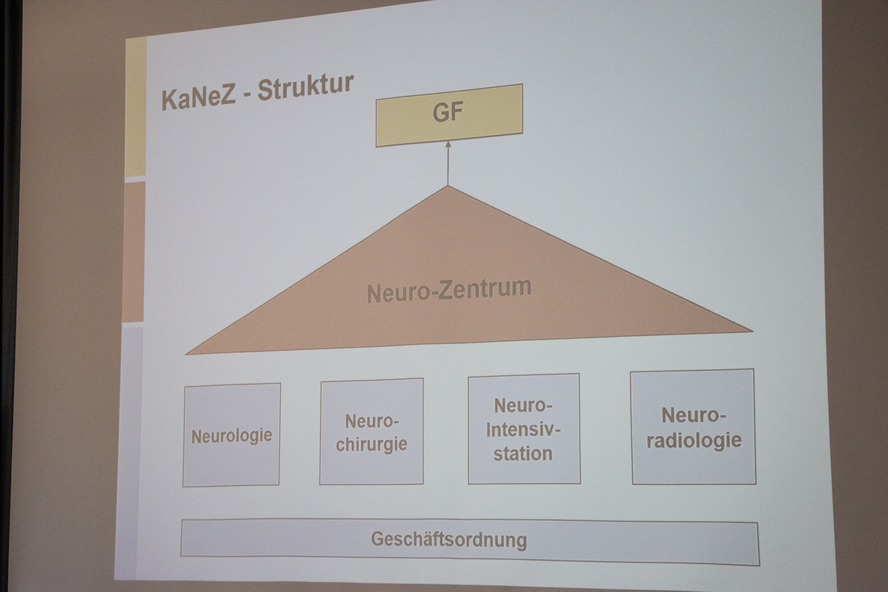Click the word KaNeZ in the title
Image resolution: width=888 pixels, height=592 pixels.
pos(199,98)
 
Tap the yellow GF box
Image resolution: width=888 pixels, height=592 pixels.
pos(449,115)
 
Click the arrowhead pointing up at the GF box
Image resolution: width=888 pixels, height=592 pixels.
pos(448,145)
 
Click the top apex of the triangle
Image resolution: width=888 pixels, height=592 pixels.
pos(448,186)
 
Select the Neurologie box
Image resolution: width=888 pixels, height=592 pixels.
pos(232,435)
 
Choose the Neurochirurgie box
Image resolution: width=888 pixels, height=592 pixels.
pos(372,431)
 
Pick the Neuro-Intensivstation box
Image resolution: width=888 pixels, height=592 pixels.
pos(524,429)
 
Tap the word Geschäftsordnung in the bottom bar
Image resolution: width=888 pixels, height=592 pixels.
pos(449,540)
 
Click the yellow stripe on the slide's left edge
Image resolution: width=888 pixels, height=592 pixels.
pos(136,107)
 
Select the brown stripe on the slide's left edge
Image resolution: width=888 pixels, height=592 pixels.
pos(134,252)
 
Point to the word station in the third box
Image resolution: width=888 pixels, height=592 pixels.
pos(523,453)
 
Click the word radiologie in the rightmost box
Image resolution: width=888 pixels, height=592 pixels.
pos(694,440)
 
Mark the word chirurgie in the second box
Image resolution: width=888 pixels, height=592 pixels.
pos(372,444)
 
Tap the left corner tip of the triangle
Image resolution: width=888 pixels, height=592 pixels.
pos(186,354)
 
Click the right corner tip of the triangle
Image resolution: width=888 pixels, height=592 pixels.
pos(752,331)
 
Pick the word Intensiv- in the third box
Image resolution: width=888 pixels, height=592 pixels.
pos(523,430)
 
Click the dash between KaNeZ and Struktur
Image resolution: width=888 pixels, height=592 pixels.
pos(247,97)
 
